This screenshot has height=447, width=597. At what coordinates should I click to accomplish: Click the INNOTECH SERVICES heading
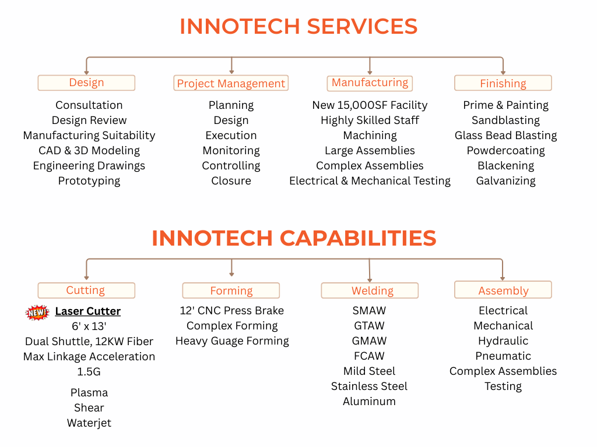(x=298, y=26)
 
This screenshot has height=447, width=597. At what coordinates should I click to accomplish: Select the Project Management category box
(x=231, y=83)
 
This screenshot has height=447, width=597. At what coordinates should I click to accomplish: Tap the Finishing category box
(x=503, y=83)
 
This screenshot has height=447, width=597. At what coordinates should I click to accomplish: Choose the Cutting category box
(x=86, y=290)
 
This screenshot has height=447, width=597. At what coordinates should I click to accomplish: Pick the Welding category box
(x=370, y=290)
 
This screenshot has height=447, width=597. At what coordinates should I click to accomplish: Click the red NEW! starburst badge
(x=37, y=313)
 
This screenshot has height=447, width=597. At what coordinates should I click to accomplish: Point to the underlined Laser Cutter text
(x=88, y=311)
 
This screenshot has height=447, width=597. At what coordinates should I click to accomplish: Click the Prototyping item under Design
(x=89, y=181)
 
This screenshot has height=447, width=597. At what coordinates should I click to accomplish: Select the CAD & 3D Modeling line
(x=89, y=151)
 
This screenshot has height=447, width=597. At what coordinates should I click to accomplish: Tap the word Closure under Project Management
(x=231, y=181)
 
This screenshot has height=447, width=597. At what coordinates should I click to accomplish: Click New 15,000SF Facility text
(x=370, y=105)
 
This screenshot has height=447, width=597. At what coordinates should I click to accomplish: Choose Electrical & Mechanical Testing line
(x=370, y=181)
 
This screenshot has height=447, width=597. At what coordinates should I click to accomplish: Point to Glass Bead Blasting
(x=505, y=135)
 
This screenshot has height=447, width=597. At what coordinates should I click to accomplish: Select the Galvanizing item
(x=505, y=181)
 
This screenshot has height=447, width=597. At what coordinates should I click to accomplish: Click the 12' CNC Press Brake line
(x=232, y=311)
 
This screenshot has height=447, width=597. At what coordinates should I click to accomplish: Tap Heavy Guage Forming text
(x=232, y=341)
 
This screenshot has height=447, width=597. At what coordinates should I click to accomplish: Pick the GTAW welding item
(x=369, y=326)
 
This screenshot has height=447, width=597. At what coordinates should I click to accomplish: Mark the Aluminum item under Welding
(x=369, y=402)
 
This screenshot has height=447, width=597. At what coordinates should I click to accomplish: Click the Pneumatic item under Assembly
(x=503, y=356)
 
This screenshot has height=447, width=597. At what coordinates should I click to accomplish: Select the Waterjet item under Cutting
(x=89, y=423)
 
